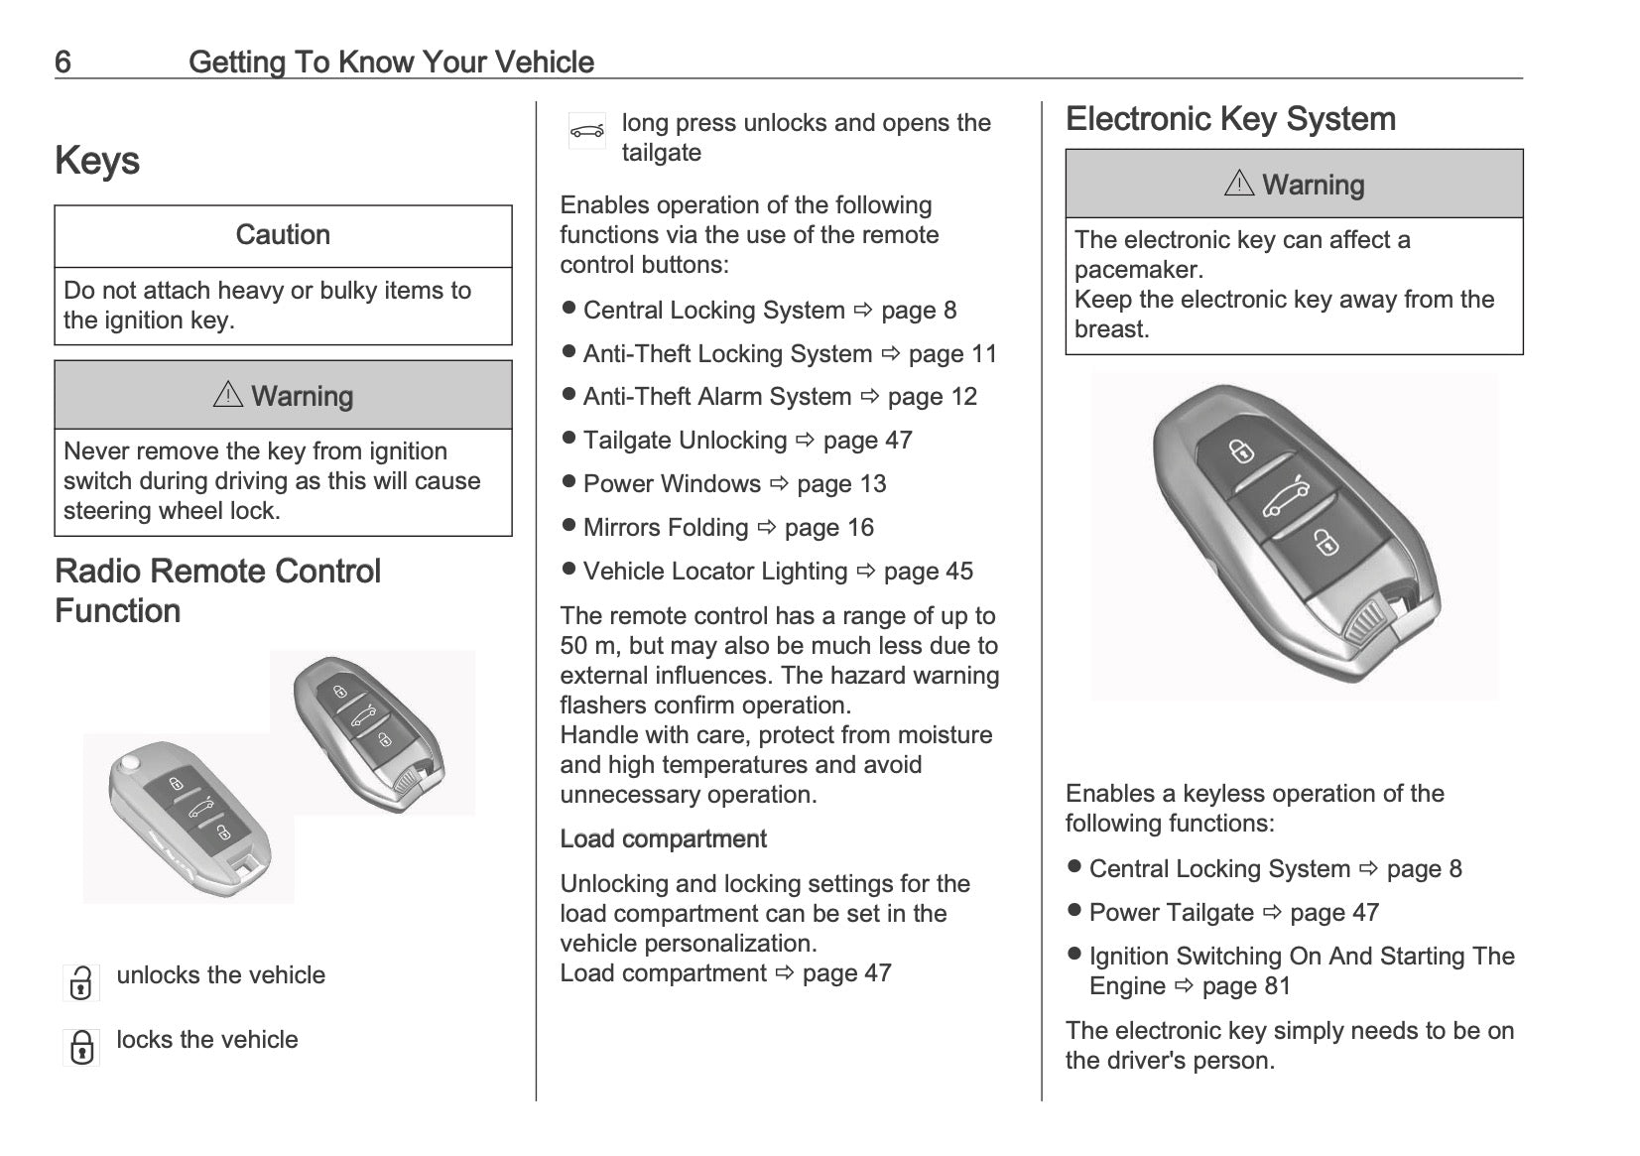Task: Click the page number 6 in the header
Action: pyautogui.click(x=63, y=63)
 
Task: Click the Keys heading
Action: pyautogui.click(x=97, y=161)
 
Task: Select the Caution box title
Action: pyautogui.click(x=283, y=235)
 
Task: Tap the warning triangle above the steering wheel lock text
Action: pyautogui.click(x=228, y=395)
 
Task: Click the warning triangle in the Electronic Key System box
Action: pyautogui.click(x=1239, y=184)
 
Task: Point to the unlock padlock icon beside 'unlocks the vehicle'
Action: pyautogui.click(x=81, y=982)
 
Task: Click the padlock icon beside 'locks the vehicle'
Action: pyautogui.click(x=81, y=1047)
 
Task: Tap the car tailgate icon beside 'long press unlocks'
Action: pyautogui.click(x=587, y=131)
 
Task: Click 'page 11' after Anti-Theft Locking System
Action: pyautogui.click(x=952, y=354)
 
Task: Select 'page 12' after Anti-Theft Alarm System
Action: pyautogui.click(x=933, y=397)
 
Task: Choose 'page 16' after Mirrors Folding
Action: pyautogui.click(x=828, y=528)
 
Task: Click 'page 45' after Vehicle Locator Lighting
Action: pyautogui.click(x=929, y=572)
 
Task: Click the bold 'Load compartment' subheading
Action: pyautogui.click(x=663, y=839)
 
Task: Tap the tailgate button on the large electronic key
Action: pyautogui.click(x=1285, y=496)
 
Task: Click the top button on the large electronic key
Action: pyautogui.click(x=1242, y=450)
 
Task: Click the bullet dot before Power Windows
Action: pyautogui.click(x=568, y=482)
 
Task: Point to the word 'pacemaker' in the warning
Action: pyautogui.click(x=1138, y=270)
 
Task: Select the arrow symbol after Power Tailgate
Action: pyautogui.click(x=1272, y=912)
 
